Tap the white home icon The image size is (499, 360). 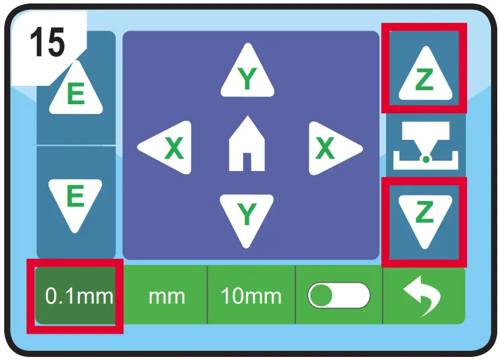tap(247, 145)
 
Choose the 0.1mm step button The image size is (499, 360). tap(75, 296)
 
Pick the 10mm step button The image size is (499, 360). tap(251, 296)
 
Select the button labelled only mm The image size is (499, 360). tap(166, 296)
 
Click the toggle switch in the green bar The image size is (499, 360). tap(339, 296)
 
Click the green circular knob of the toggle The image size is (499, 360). tap(320, 296)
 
